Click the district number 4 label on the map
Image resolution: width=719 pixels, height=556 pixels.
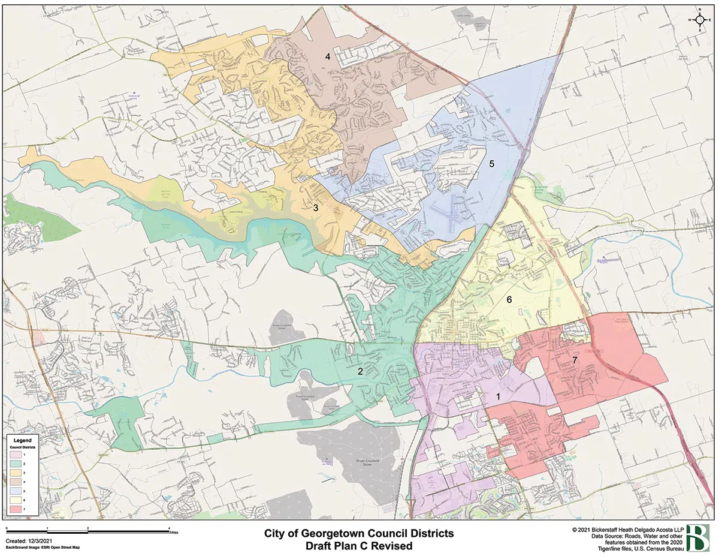(x=328, y=57)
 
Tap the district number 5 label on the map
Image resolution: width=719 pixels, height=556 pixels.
(x=491, y=163)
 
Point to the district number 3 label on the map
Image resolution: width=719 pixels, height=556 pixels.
(x=315, y=208)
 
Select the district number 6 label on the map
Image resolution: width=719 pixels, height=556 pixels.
(x=509, y=299)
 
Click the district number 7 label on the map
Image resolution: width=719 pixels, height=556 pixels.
(x=575, y=360)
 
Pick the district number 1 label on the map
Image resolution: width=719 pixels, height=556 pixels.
(x=498, y=396)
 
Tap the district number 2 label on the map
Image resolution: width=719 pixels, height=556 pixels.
(x=360, y=371)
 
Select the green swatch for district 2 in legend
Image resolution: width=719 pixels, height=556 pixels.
(x=16, y=464)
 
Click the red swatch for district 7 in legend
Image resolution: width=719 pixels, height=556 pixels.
(x=16, y=509)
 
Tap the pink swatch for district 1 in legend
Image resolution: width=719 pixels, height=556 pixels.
(x=16, y=455)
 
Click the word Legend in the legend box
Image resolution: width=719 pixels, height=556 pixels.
(x=22, y=441)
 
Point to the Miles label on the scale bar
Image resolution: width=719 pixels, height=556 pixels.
(x=174, y=531)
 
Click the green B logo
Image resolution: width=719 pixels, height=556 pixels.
(x=698, y=537)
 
